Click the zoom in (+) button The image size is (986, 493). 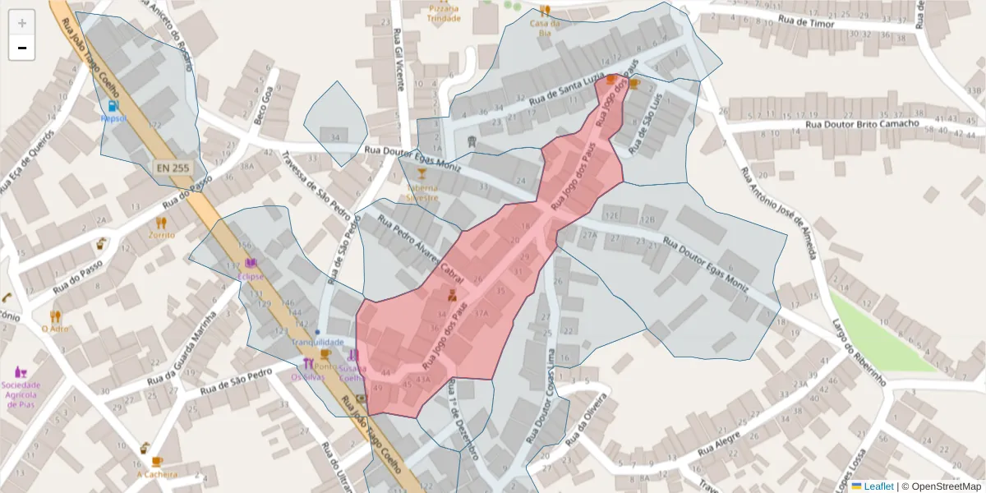click(22, 23)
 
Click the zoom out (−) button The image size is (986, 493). click(22, 48)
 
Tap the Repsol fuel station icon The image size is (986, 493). click(113, 106)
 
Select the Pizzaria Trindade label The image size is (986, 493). click(444, 13)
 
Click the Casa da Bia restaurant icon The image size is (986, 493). click(545, 11)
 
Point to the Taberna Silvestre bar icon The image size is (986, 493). click(422, 173)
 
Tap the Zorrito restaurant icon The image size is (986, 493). click(161, 222)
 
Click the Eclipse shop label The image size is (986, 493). click(251, 277)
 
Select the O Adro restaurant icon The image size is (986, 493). click(55, 316)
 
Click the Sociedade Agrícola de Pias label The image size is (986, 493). click(21, 390)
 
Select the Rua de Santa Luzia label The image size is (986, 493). click(565, 90)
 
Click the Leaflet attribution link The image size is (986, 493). click(878, 486)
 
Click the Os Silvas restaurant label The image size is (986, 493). click(307, 377)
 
